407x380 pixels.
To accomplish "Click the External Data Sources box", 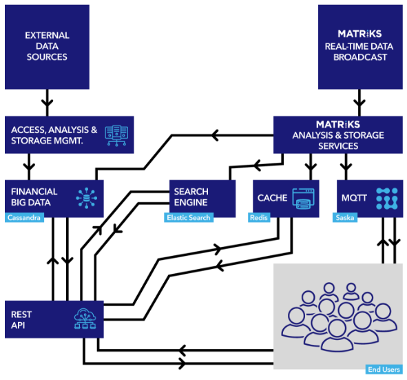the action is (47, 47).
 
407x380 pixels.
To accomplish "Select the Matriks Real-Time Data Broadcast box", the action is (360, 47).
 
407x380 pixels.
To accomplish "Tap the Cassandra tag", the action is (24, 217).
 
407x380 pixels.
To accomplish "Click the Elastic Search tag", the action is (189, 217).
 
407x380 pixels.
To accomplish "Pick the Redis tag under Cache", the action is (259, 217).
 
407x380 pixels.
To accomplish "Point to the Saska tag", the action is (345, 217).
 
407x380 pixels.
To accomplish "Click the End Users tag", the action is (384, 370).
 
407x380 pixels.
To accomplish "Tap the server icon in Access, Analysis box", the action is (116, 135).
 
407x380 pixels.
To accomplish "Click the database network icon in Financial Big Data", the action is (87, 198).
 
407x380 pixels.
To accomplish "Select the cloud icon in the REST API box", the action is (85, 319).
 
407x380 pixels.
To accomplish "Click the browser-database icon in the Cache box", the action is (303, 199).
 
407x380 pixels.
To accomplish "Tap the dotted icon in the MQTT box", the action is (387, 199).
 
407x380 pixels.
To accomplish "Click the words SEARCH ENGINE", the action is (191, 197).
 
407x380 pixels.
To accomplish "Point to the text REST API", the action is (21, 320).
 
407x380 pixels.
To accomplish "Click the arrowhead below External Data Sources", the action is (48, 103).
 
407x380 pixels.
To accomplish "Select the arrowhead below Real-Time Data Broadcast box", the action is (359, 103).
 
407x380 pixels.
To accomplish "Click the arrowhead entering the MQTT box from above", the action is (346, 167).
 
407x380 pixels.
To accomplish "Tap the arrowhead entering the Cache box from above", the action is (311, 167).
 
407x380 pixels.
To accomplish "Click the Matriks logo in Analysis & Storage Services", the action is (338, 125).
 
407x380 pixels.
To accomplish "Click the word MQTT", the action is (354, 198).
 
